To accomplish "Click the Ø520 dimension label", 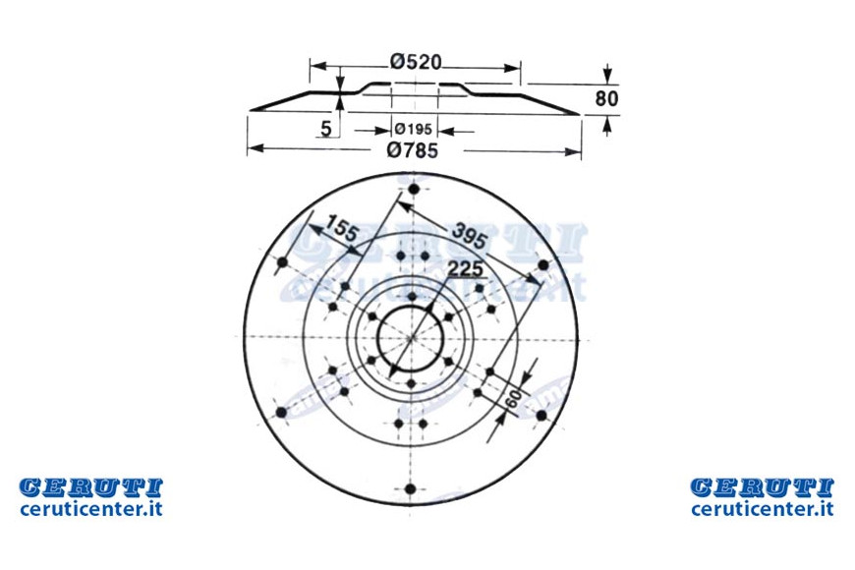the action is click(416, 62).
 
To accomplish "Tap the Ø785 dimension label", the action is click(412, 150).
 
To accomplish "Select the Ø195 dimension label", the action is click(414, 130).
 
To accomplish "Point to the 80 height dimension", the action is click(607, 98).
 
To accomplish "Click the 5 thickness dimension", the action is click(325, 129).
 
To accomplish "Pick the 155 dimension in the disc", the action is click(343, 228).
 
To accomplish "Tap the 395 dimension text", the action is click(468, 235).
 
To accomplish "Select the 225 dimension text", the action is click(465, 269).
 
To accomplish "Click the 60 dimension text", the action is click(513, 399).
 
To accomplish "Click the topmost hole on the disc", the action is click(414, 190).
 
